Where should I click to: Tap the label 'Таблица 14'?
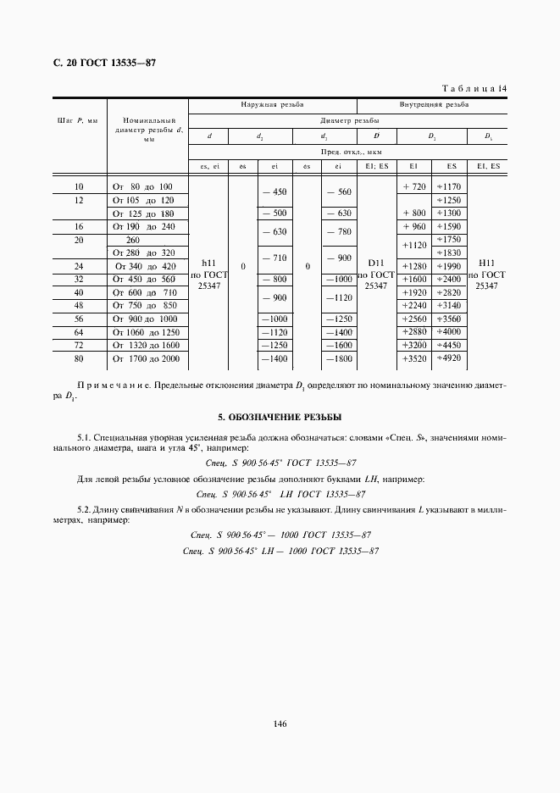point(474,88)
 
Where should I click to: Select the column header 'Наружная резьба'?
point(272,105)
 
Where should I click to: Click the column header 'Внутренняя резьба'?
point(434,105)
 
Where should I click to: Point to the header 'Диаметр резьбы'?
point(347,120)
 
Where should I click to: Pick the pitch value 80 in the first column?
point(79,359)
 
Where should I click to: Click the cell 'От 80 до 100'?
point(142,186)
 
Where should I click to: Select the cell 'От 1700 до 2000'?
point(147,359)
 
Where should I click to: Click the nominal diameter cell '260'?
point(133,240)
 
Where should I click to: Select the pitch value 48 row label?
point(79,305)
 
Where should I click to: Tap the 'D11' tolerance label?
point(375,263)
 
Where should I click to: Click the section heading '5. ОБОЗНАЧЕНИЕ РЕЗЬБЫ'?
point(280,418)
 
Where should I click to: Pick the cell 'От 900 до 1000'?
point(144,319)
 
